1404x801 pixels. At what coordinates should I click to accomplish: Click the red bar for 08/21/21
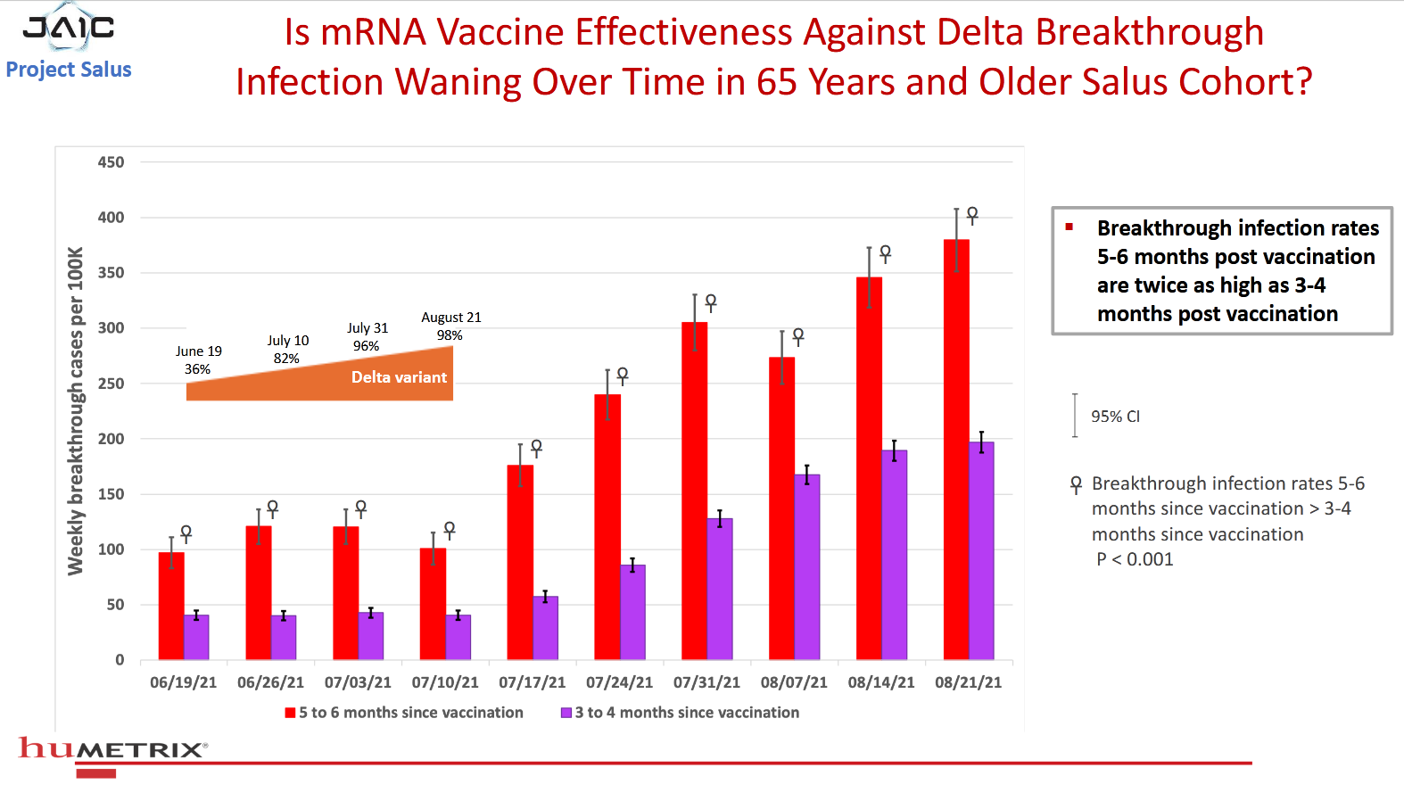tap(956, 450)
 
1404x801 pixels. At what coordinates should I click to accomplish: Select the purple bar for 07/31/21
tap(720, 589)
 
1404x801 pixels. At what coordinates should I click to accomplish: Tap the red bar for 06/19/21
tap(171, 606)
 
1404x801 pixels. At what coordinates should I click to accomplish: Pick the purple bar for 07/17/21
tap(545, 628)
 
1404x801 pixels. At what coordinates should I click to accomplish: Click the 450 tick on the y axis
tap(111, 162)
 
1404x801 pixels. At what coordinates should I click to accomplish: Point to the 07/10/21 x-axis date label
tap(445, 682)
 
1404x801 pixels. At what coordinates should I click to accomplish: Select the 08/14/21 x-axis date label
tap(881, 682)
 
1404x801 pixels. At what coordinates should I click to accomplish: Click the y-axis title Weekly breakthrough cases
tap(76, 410)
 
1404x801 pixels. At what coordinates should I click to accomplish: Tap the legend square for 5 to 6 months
tap(290, 713)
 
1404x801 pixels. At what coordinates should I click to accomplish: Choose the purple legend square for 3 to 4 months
tap(566, 713)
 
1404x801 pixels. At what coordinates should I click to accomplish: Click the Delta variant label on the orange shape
tap(399, 377)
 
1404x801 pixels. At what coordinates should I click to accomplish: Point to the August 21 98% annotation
tap(450, 326)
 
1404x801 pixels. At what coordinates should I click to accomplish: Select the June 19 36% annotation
tap(198, 360)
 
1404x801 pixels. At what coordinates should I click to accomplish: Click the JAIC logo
tap(69, 28)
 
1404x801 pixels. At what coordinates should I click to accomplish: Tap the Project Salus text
tap(69, 70)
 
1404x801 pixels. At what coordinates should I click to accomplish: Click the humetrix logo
tap(112, 748)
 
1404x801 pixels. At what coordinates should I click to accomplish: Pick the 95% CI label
tap(1115, 417)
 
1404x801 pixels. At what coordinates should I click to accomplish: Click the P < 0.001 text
tap(1135, 559)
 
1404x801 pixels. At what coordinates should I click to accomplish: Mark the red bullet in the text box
tap(1069, 227)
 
